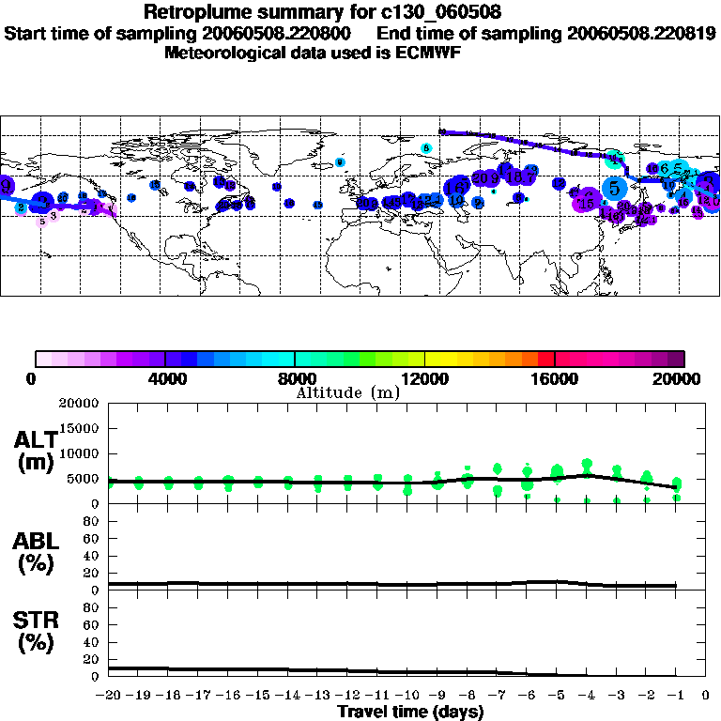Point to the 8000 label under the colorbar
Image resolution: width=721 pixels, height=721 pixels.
tap(295, 379)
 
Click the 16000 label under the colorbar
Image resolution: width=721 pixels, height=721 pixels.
tap(555, 379)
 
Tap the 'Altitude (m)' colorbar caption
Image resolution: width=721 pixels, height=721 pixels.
tap(348, 392)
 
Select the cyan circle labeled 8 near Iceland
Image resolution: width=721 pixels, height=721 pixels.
tap(426, 147)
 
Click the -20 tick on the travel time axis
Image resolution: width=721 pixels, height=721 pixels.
tap(109, 696)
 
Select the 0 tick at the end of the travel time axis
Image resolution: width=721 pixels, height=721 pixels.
tap(705, 696)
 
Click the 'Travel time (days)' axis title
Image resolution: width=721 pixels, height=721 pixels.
tap(410, 712)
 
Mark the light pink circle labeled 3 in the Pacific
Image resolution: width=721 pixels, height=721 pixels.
tap(54, 215)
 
